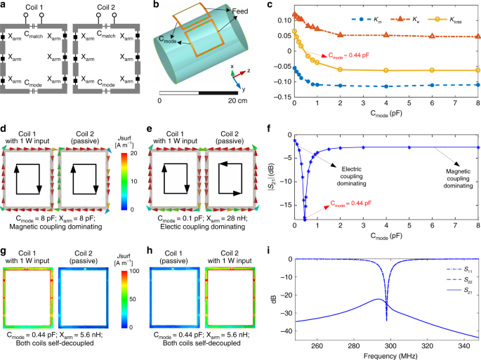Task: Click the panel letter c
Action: [270, 5]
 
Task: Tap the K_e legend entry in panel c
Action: [404, 20]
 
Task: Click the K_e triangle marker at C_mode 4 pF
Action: [386, 35]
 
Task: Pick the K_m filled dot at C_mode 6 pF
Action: [432, 85]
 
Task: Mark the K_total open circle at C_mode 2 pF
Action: [340, 69]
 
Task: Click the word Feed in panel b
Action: [240, 11]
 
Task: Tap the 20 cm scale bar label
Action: [237, 100]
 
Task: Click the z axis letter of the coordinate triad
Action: [249, 71]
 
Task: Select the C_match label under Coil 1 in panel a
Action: [34, 34]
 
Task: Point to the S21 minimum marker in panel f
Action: [305, 220]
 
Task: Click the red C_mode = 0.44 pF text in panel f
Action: [351, 204]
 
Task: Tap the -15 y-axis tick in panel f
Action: [286, 205]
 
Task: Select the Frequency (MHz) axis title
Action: [390, 356]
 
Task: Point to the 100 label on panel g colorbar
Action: [133, 271]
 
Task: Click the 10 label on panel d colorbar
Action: [133, 181]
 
